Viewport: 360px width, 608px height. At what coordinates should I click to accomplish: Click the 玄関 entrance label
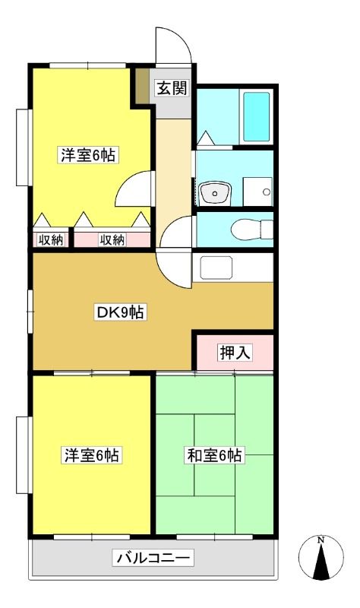(x=172, y=88)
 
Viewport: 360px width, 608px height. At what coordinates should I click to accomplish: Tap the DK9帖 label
(x=121, y=312)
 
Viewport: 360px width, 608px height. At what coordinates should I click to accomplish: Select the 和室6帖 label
(x=214, y=455)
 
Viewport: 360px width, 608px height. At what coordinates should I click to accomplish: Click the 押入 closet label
(x=235, y=353)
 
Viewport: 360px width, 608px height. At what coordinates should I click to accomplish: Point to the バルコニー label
(x=153, y=558)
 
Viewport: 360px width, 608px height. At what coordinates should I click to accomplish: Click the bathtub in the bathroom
(x=256, y=116)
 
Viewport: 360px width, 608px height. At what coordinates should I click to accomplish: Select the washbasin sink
(x=215, y=193)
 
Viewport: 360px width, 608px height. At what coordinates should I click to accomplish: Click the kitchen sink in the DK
(x=216, y=268)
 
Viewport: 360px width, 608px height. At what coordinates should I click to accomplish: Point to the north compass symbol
(x=321, y=558)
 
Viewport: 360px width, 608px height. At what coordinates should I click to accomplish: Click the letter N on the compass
(x=321, y=540)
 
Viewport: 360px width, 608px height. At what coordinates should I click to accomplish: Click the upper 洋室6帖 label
(x=88, y=155)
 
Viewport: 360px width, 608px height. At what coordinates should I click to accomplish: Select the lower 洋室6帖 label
(x=91, y=454)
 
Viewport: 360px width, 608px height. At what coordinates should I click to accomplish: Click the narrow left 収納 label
(x=50, y=240)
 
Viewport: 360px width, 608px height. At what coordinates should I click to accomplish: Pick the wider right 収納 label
(x=112, y=240)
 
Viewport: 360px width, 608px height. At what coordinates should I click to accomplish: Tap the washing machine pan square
(x=257, y=192)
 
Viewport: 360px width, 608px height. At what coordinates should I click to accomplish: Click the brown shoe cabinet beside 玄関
(x=142, y=86)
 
